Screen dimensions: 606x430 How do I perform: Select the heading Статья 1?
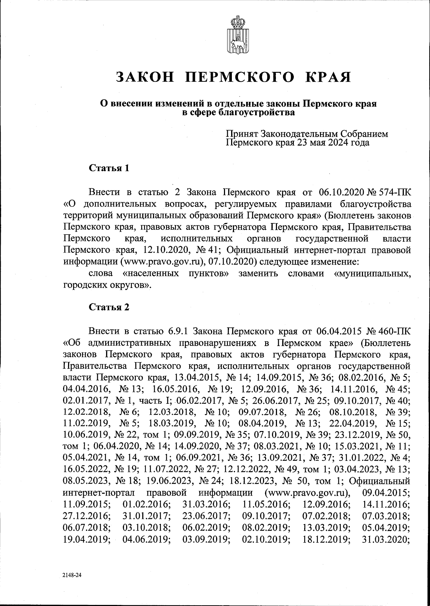click(x=109, y=168)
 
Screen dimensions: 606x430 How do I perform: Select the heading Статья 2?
click(x=109, y=307)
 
